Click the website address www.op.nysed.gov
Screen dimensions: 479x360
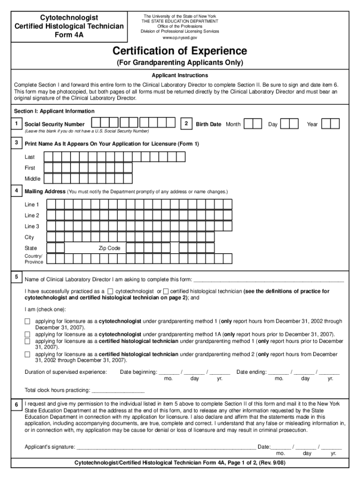pos(180,37)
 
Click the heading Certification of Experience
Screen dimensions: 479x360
pos(180,51)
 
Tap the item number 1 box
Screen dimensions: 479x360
pos(16,123)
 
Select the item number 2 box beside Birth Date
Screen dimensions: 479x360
pos(186,123)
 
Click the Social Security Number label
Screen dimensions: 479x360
pos(54,124)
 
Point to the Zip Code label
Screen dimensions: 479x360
pos(109,248)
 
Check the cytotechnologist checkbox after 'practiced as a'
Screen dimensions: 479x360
pos(110,291)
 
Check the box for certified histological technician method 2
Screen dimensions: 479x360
pos(27,355)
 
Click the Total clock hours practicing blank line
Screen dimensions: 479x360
pos(118,390)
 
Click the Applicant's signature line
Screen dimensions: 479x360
pos(166,447)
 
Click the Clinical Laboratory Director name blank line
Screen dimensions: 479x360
pos(269,280)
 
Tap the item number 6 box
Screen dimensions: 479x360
pos(16,404)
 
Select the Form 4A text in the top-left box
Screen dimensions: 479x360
pos(68,34)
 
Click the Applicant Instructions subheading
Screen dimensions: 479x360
pos(180,75)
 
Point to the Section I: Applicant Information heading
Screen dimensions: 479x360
pos(54,111)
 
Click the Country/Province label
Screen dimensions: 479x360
pos(34,259)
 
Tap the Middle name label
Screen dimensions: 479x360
pos(33,179)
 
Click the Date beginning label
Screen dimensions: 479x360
pos(138,372)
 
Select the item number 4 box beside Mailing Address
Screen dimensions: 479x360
pos(16,191)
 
